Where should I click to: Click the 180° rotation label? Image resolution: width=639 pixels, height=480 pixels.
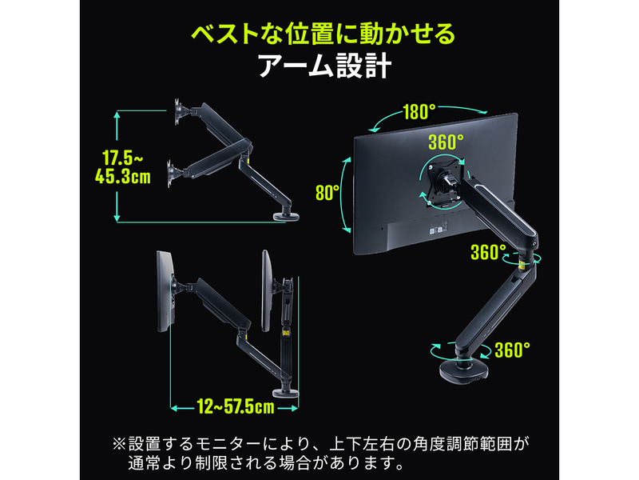[x=419, y=111]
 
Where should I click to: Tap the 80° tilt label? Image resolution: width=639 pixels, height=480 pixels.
[x=327, y=192]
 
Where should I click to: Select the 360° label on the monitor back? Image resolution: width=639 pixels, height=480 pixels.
[x=446, y=142]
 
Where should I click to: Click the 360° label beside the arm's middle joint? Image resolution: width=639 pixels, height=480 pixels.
[x=488, y=252]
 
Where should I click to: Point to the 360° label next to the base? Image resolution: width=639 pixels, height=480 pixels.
[x=513, y=350]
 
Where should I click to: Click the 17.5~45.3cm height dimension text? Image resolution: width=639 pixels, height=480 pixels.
[x=123, y=167]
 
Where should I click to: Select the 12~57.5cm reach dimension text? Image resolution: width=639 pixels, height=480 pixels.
[x=236, y=407]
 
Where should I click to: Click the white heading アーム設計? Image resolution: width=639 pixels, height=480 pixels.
[x=325, y=66]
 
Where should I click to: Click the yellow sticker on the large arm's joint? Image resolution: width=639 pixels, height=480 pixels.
[x=522, y=266]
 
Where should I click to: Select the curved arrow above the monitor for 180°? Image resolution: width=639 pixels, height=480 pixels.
[x=428, y=116]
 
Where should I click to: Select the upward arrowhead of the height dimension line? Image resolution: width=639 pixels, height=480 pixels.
[x=117, y=114]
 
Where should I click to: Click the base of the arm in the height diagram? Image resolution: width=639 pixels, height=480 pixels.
[x=286, y=215]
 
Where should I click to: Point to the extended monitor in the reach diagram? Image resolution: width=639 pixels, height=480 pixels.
[x=166, y=291]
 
